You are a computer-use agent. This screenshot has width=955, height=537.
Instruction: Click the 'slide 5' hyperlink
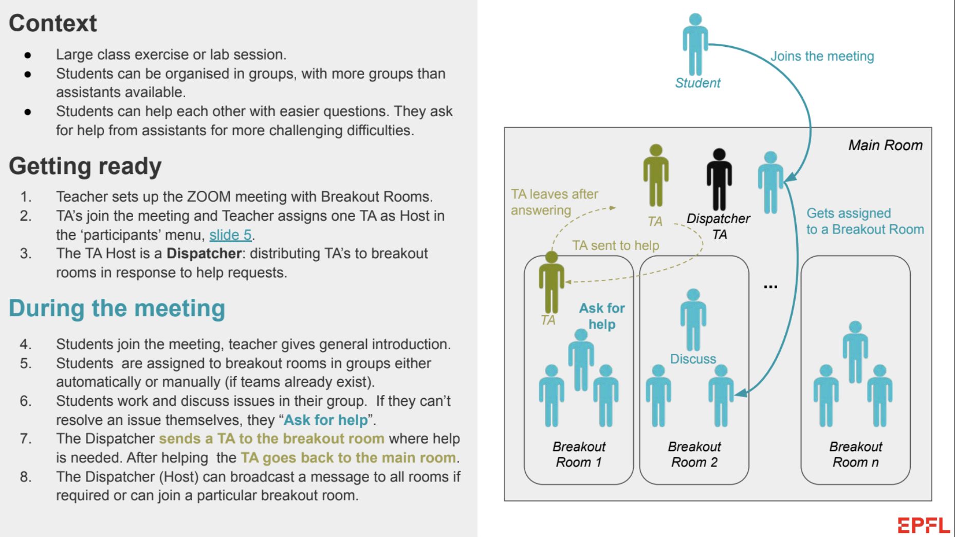tap(230, 235)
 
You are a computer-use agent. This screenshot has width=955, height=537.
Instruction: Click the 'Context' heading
tap(53, 23)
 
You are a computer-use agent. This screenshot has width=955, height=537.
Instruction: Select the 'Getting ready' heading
tap(85, 166)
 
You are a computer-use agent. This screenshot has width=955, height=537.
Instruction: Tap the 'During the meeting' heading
tap(117, 308)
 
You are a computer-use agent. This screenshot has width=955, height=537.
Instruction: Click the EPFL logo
tap(924, 525)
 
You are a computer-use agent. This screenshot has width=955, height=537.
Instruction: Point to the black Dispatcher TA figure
tap(719, 180)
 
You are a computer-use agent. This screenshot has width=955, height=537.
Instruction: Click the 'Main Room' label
tap(885, 145)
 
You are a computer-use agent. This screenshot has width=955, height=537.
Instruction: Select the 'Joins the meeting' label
tap(822, 56)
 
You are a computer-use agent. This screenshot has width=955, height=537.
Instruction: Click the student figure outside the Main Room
tap(695, 44)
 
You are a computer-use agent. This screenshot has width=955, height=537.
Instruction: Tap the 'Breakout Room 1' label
tap(579, 454)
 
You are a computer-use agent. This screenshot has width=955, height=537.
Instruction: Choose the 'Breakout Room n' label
tap(856, 454)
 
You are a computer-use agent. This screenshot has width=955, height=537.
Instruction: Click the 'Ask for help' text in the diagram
tap(602, 316)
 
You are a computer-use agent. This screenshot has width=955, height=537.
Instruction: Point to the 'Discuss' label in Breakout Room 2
tap(693, 359)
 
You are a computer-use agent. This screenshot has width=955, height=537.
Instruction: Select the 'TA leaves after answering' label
tap(555, 202)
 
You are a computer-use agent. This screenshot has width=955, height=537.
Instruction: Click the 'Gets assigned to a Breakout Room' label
tap(865, 221)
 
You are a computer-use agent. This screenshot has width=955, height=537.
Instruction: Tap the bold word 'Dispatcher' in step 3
tap(204, 254)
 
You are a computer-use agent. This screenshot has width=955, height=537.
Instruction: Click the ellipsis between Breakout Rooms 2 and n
tap(770, 287)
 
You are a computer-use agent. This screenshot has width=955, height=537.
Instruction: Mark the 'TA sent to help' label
tap(616, 245)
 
